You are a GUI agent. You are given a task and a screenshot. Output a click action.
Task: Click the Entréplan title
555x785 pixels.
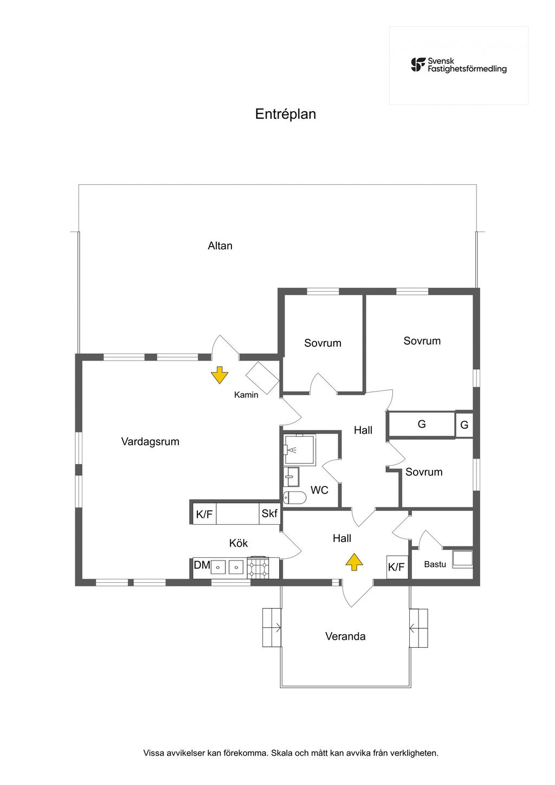[x=286, y=114]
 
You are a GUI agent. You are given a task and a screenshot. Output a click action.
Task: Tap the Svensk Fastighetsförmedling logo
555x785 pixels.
[x=459, y=65]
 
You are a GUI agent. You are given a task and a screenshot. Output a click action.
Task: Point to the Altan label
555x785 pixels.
[x=220, y=246]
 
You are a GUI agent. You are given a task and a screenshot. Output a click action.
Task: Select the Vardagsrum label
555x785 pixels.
[x=150, y=441]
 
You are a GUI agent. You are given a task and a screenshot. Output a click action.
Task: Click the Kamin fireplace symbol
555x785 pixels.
[x=262, y=377]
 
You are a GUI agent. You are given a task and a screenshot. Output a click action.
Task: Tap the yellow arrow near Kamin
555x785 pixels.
[x=219, y=375]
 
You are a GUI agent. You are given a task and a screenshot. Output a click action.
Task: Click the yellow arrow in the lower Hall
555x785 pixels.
[x=354, y=562]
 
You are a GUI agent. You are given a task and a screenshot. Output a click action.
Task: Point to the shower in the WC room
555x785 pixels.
[x=299, y=449]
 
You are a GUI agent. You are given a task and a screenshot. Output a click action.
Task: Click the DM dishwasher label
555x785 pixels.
[x=202, y=565]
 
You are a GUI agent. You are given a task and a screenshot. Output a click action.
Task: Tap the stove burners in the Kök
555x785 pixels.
[x=257, y=568]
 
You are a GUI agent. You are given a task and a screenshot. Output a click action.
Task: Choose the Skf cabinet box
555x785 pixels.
[x=269, y=513]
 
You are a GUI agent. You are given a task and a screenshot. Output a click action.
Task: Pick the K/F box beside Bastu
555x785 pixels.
[x=397, y=567]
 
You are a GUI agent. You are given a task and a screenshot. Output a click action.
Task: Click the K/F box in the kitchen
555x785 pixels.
[x=204, y=514]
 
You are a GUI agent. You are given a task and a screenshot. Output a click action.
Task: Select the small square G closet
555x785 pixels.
[x=464, y=425]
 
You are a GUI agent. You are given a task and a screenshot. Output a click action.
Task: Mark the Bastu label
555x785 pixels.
[x=435, y=564]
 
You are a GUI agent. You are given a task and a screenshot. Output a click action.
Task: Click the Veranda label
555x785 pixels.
[x=345, y=636]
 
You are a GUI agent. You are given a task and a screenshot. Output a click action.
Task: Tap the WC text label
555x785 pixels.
[x=319, y=490]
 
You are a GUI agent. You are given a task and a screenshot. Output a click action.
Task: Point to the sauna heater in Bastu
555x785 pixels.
[x=462, y=559]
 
